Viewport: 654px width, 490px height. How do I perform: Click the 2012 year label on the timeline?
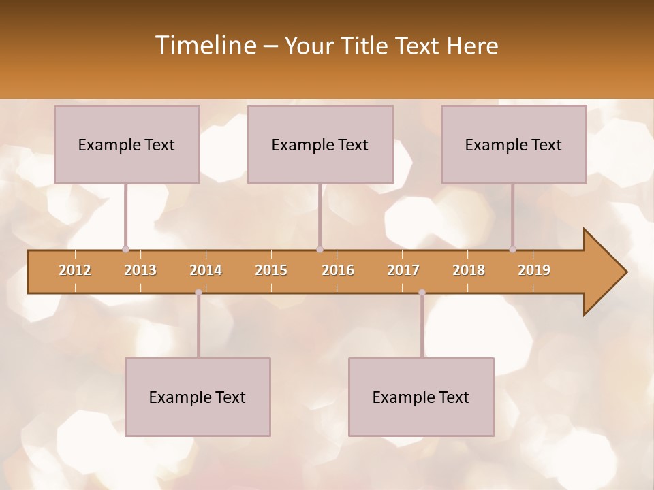(75, 270)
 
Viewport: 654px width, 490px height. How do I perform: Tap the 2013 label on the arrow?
(140, 270)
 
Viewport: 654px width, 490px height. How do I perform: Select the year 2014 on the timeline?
(206, 270)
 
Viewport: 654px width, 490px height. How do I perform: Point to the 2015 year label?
(271, 270)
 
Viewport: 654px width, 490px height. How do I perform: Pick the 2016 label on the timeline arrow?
(338, 270)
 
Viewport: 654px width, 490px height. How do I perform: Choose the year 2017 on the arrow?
(403, 270)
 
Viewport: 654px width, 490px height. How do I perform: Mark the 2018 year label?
(469, 270)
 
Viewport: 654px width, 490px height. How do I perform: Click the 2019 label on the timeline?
(534, 270)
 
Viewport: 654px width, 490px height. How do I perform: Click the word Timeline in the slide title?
(205, 46)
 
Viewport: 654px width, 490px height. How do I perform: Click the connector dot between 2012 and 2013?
(125, 249)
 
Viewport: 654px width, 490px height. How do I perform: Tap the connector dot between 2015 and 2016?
(320, 249)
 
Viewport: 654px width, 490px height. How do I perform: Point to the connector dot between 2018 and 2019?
(512, 249)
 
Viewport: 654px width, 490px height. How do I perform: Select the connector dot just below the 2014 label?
(198, 293)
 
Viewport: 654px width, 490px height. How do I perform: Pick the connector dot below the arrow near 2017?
(422, 293)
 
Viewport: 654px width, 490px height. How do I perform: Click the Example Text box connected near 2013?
(127, 144)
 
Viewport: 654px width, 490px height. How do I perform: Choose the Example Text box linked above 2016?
(320, 144)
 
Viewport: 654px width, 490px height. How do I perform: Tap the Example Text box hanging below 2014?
(198, 397)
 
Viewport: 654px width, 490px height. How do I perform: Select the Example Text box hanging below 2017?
(421, 397)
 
